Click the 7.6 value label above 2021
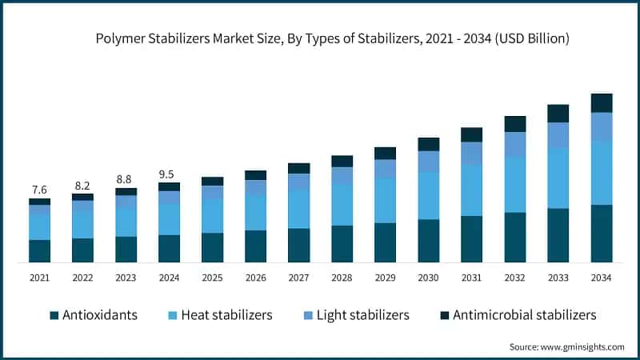coord(39,190)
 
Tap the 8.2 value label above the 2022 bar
coord(82,185)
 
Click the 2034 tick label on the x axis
coord(601,278)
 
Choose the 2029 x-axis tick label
coord(385,278)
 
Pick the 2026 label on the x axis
coord(255,278)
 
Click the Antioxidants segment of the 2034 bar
coord(601,234)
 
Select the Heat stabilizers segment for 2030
coord(428,196)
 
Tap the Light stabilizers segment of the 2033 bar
coord(558,134)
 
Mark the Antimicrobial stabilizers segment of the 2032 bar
coord(514,123)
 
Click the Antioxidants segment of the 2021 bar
coord(39,251)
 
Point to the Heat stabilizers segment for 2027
coord(298,210)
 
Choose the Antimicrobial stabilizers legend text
coord(524,315)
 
